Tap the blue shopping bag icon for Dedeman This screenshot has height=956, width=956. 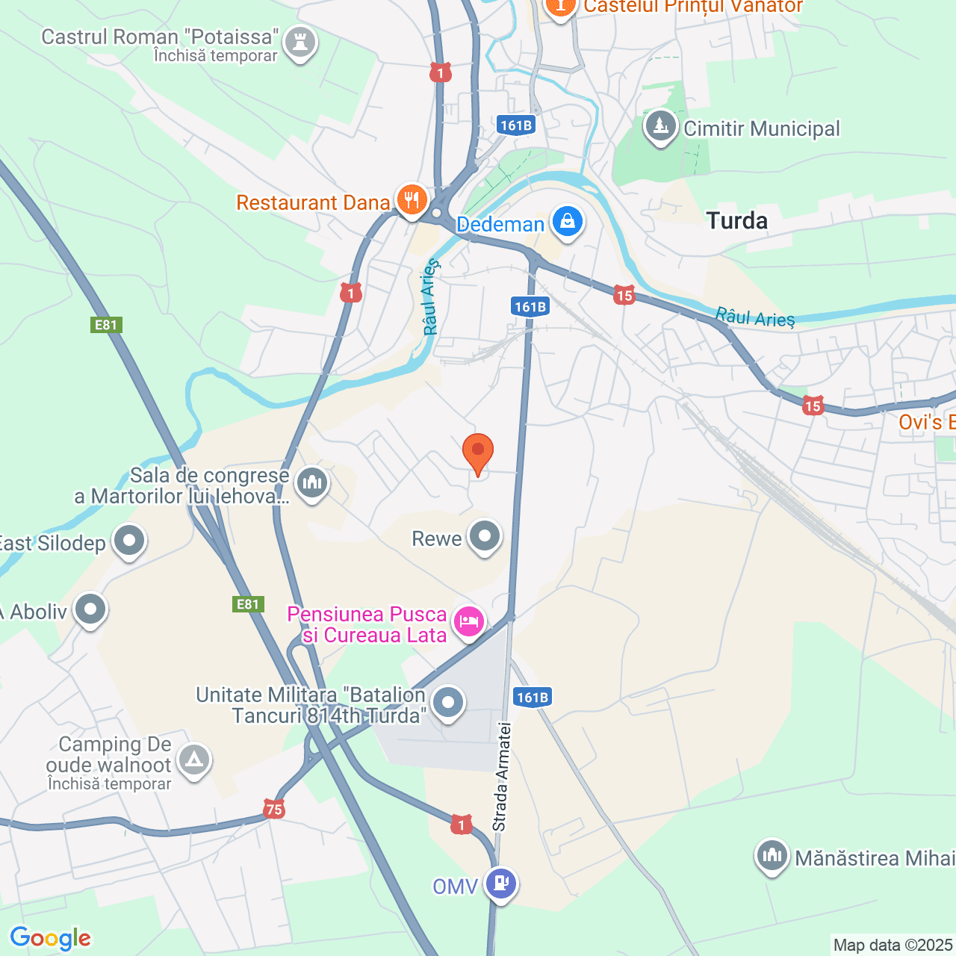[568, 222]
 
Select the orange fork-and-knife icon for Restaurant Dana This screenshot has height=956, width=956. [411, 200]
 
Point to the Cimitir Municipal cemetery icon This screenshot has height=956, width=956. [660, 127]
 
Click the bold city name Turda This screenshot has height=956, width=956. [736, 221]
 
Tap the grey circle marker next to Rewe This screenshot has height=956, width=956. [485, 537]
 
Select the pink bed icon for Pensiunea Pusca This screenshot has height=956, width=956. [469, 621]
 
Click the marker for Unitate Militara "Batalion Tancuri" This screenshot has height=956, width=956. [448, 703]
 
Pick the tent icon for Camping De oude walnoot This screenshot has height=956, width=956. [195, 761]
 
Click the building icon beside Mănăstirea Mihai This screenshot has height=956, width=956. [772, 856]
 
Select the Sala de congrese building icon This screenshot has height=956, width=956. [312, 482]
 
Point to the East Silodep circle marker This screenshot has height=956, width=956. [129, 541]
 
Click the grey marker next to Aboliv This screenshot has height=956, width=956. [90, 609]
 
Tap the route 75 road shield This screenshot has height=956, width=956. [274, 809]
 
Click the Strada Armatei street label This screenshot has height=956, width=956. [500, 777]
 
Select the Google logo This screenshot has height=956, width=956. [51, 938]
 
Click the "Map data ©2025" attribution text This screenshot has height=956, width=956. [893, 946]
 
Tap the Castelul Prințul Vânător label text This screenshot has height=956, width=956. [693, 7]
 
